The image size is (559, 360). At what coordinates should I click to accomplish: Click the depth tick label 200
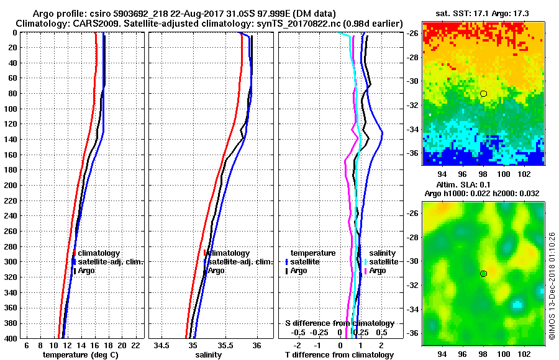coord(10,185)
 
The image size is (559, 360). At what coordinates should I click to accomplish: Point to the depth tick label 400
coord(10,338)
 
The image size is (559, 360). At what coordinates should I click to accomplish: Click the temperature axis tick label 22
coord(135,345)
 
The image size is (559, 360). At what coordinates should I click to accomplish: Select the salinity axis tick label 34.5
coord(163,345)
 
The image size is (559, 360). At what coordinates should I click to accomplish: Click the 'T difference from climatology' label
coord(339,354)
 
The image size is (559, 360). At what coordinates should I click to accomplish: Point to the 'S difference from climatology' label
coord(339,323)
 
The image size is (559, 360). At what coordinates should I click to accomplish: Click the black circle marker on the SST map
coord(483,93)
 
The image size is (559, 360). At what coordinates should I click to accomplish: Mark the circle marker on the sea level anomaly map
coord(483,273)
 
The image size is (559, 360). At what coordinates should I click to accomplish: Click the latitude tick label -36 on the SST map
coord(414,152)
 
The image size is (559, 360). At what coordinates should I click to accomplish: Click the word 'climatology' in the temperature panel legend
coord(99,253)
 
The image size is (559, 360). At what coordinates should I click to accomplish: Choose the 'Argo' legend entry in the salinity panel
coord(216,271)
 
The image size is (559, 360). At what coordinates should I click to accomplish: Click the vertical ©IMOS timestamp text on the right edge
coord(552,286)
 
